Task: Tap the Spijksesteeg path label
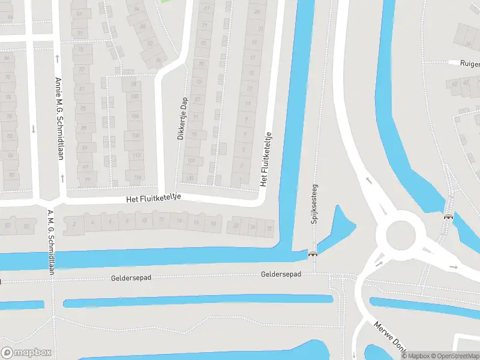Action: coord(313,203)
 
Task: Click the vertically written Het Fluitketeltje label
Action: coord(265,159)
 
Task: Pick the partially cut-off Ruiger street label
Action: coord(470,62)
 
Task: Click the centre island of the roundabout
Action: coord(401,235)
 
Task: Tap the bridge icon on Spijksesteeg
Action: coord(313,254)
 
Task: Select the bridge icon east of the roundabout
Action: coord(448,217)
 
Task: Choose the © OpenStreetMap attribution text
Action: coord(454,356)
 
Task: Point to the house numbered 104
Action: coord(136,116)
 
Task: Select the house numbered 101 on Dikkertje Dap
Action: coord(191,161)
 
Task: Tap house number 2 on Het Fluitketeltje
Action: coord(74,224)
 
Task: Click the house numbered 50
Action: coord(8,226)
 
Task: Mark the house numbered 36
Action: coord(269,227)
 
